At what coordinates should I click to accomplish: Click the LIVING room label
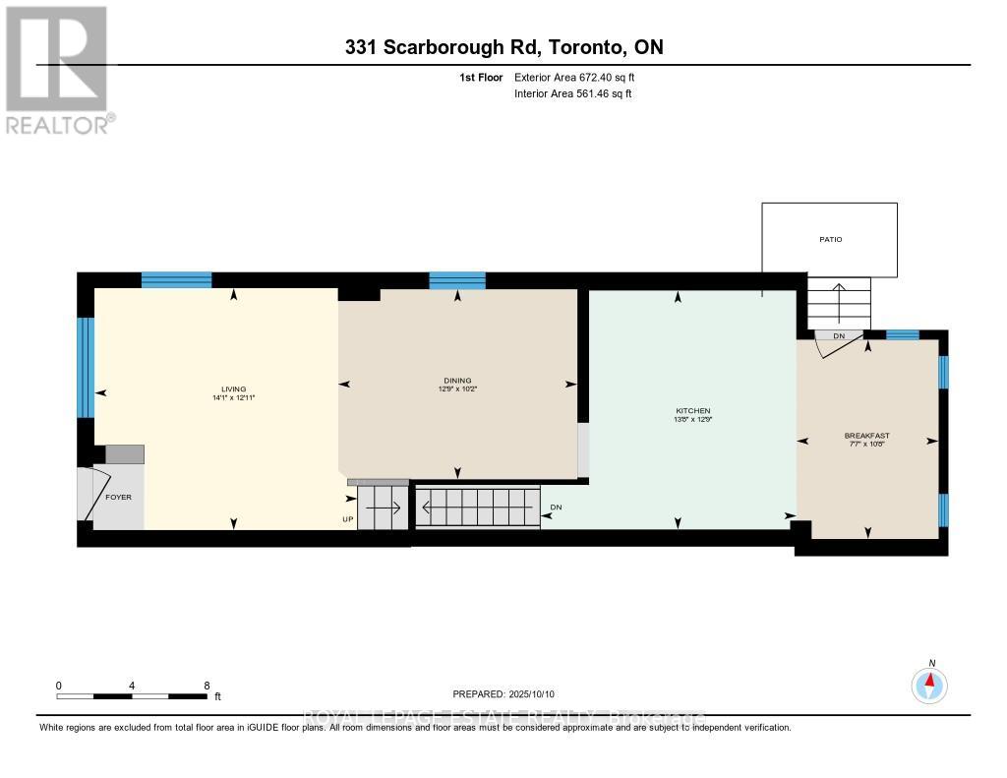click(x=233, y=389)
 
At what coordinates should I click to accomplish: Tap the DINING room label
click(x=457, y=381)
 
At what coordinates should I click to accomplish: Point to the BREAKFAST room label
click(x=866, y=435)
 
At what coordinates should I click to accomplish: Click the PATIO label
click(x=830, y=239)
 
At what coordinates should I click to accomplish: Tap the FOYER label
click(x=118, y=497)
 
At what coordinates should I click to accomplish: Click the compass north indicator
click(x=929, y=683)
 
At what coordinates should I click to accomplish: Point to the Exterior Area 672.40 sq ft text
click(x=581, y=77)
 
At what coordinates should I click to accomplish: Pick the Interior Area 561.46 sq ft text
click(x=572, y=93)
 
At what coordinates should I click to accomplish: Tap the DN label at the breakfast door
click(x=839, y=336)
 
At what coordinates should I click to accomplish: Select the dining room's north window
click(x=457, y=280)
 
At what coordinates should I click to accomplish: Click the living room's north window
click(x=176, y=279)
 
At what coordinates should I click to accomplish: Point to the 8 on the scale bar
click(x=207, y=686)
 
